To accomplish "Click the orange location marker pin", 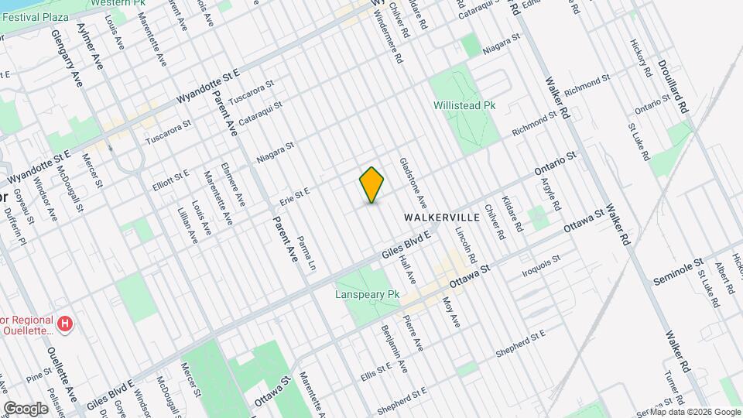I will tap(372, 185).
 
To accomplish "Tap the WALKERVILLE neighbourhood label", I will tap(442, 218).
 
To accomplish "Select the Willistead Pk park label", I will tap(464, 104).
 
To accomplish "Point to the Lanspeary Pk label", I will tap(367, 295).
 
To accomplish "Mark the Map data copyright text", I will tap(690, 412).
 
